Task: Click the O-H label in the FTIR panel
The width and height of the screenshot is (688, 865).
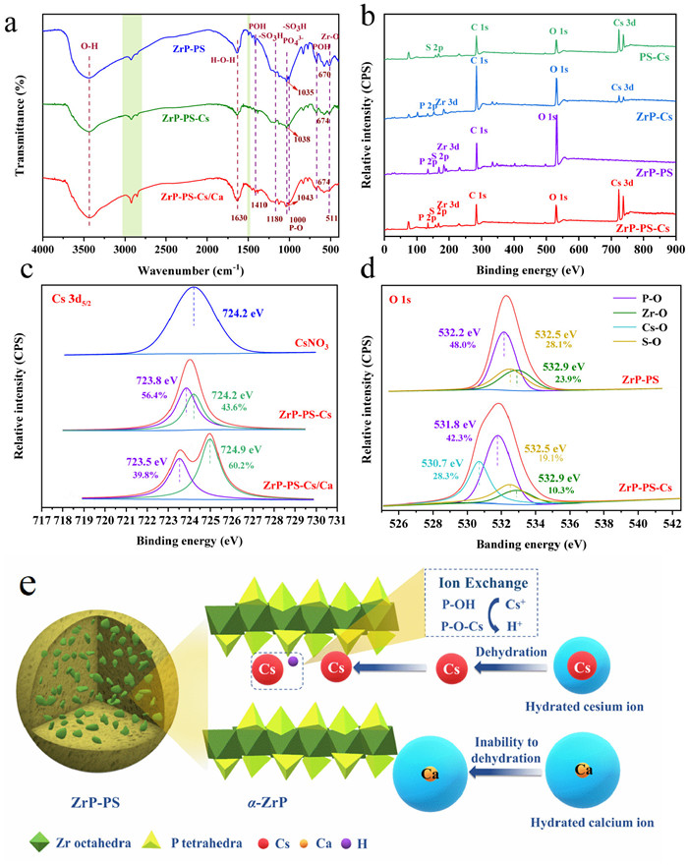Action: pos(89,44)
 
